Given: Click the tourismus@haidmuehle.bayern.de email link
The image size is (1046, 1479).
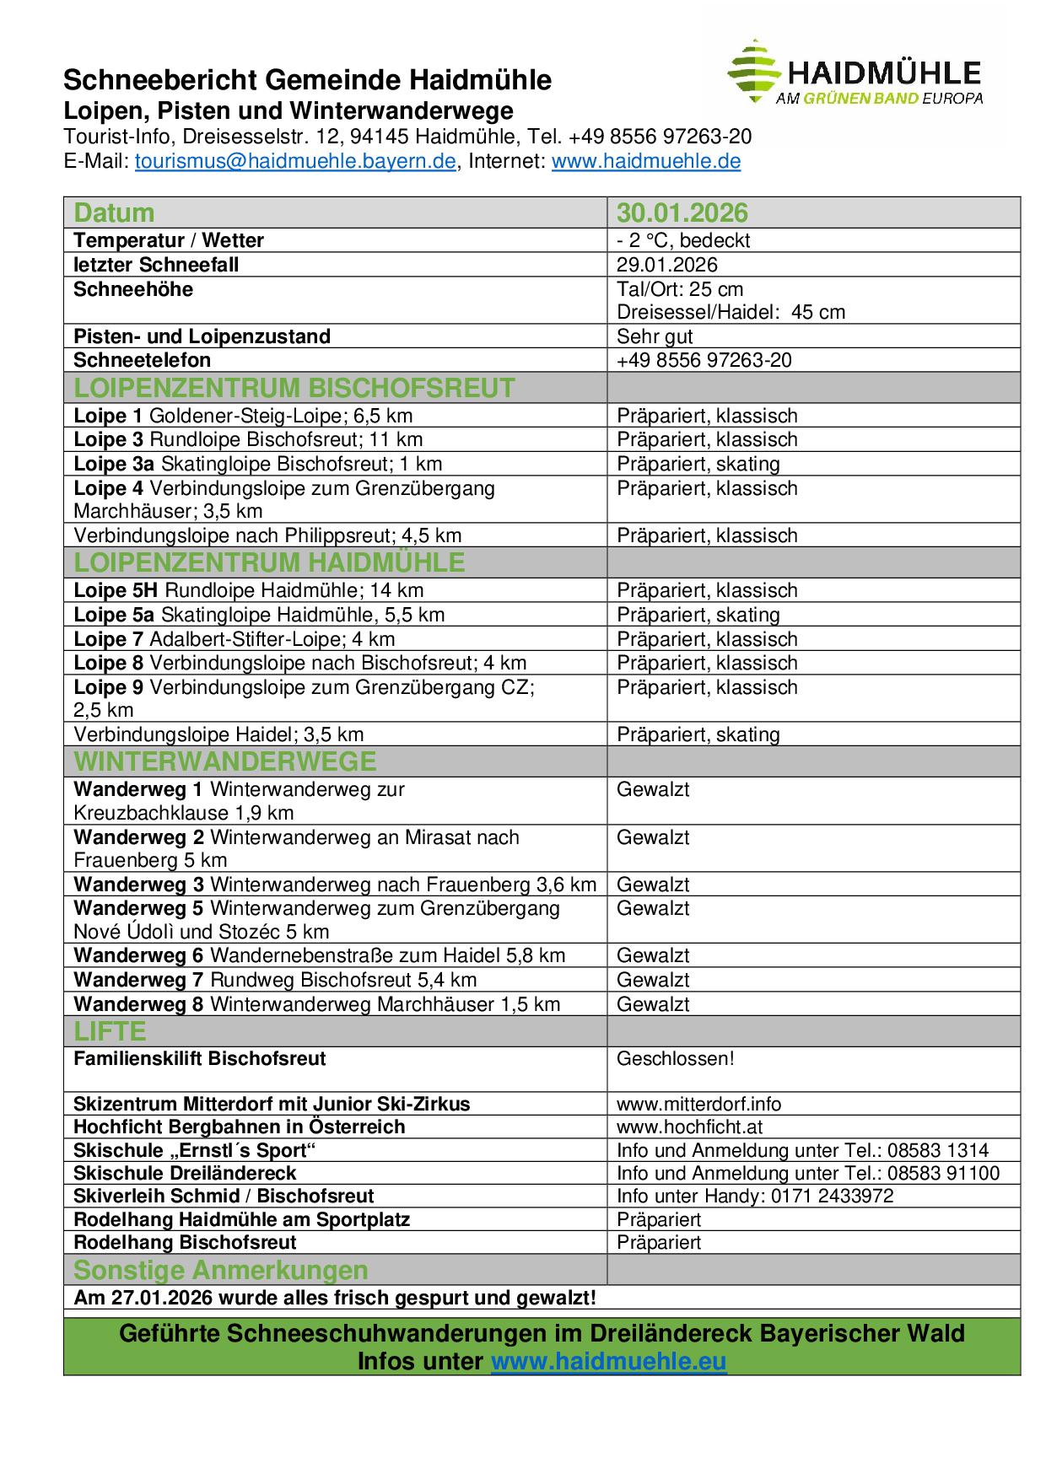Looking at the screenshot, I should click(295, 161).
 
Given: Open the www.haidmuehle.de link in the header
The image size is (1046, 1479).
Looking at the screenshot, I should click(646, 161).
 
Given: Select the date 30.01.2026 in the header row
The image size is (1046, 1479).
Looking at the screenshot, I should click(682, 212).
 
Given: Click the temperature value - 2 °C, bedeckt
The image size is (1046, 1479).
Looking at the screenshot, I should click(683, 240).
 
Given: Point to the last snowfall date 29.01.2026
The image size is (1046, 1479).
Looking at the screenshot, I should click(667, 265).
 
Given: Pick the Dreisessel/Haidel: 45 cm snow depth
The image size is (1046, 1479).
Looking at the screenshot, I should click(731, 312).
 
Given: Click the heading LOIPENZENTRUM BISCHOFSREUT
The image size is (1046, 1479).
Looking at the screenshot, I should click(294, 388).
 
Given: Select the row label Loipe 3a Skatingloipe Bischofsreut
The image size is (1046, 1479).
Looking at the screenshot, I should click(258, 464).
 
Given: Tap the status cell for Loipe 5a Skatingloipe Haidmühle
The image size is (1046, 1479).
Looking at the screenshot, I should click(698, 615).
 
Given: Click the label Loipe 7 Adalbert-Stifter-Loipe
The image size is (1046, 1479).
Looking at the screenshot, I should click(235, 639).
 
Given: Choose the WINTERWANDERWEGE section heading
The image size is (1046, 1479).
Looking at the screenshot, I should click(225, 761).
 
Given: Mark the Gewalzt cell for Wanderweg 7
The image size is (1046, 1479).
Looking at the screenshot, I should click(653, 980).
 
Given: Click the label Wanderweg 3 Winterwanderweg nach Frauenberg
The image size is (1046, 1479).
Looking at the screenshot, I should click(335, 885).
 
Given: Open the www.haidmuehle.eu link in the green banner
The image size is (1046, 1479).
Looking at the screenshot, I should click(608, 1362).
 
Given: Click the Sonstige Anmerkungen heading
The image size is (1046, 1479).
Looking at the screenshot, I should click(221, 1270).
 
